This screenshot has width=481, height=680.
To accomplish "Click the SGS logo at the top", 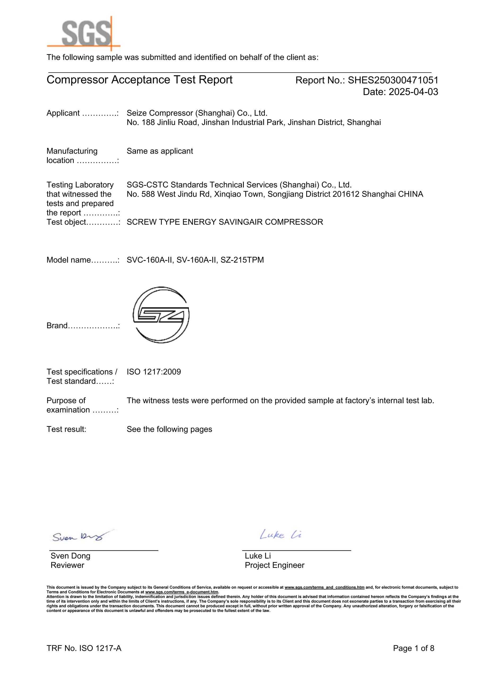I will [x=84, y=33].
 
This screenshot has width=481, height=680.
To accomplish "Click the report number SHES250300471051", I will [x=393, y=80].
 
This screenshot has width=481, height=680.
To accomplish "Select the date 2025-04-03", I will [x=413, y=92].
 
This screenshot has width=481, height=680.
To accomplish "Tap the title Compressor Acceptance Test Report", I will [x=139, y=80].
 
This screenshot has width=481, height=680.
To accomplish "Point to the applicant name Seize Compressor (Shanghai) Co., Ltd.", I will [x=197, y=113].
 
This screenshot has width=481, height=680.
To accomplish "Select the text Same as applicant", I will [x=160, y=151].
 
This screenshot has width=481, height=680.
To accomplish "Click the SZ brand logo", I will [x=161, y=315].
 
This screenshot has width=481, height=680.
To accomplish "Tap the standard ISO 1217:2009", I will [x=154, y=372].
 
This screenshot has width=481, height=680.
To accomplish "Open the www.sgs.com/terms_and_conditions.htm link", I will [x=324, y=587].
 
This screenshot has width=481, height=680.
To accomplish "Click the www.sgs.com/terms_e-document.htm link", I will [x=182, y=592].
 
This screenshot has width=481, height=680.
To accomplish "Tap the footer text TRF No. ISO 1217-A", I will [x=84, y=648].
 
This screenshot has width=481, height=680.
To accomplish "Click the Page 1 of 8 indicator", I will [x=414, y=648].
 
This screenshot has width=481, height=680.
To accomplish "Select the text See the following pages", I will [x=169, y=429].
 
